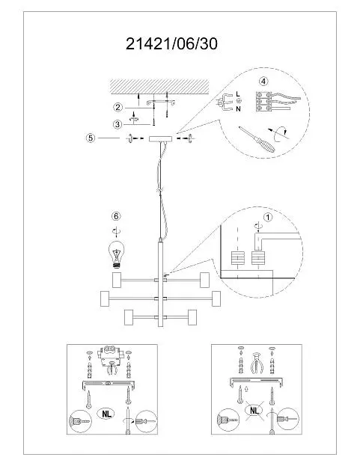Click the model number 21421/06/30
(171, 44)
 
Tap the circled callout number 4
(263, 81)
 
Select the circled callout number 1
(268, 218)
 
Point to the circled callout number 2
(118, 107)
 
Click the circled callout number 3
(118, 124)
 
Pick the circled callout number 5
(91, 138)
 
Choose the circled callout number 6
(116, 216)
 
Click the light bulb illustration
(117, 255)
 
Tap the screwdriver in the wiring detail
(257, 139)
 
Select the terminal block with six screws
(263, 102)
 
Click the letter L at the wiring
(238, 94)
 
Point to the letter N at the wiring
(238, 109)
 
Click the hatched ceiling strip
(159, 87)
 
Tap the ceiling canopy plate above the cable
(160, 139)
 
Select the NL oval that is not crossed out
(106, 414)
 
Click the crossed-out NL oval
(254, 411)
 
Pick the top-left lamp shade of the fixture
(117, 280)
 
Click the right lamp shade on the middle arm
(216, 298)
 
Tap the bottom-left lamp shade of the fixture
(129, 317)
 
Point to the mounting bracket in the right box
(256, 381)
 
